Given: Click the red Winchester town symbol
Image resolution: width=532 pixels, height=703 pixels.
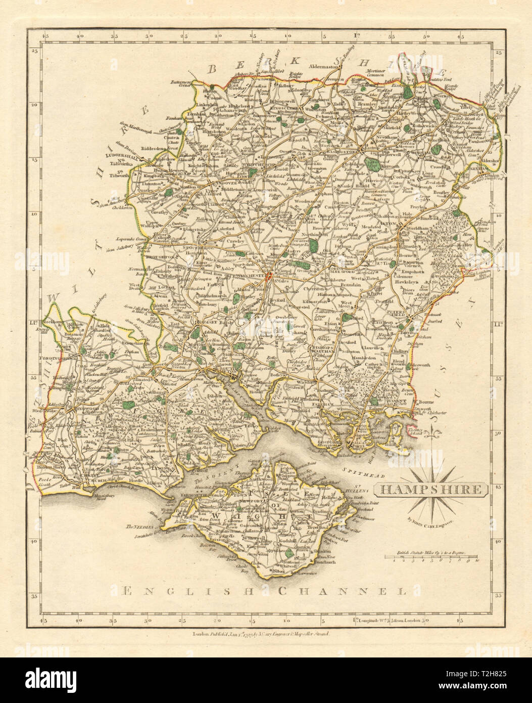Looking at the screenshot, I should [x=273, y=277].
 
